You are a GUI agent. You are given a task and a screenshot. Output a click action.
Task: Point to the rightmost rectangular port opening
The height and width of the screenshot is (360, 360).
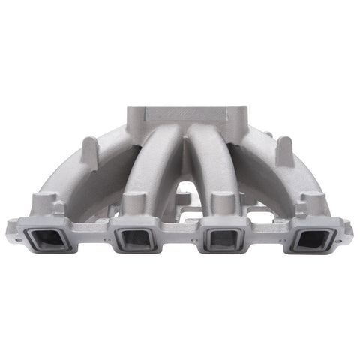[314, 239]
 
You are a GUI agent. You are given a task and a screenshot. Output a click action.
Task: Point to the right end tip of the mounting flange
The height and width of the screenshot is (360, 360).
[348, 224]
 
